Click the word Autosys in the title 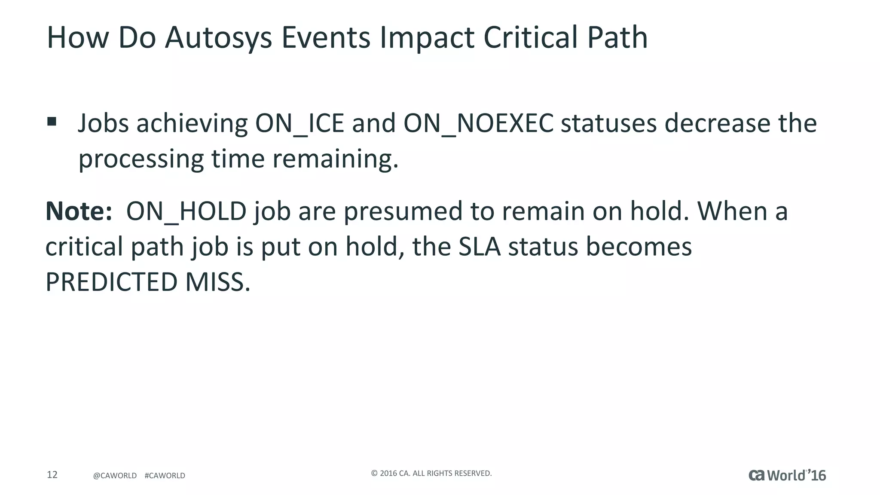[x=218, y=38]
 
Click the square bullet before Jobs [x=52, y=122]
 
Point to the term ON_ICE [x=299, y=124]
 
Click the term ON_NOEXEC [x=478, y=124]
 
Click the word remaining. [x=336, y=159]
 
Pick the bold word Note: [x=79, y=211]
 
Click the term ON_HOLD [x=186, y=211]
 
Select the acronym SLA [x=479, y=247]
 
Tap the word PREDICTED [x=111, y=282]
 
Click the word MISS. [x=217, y=282]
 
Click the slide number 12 [x=52, y=475]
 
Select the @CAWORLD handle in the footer [x=115, y=476]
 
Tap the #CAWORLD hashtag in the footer [x=165, y=476]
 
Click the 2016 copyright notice [x=431, y=474]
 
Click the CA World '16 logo [x=787, y=475]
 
